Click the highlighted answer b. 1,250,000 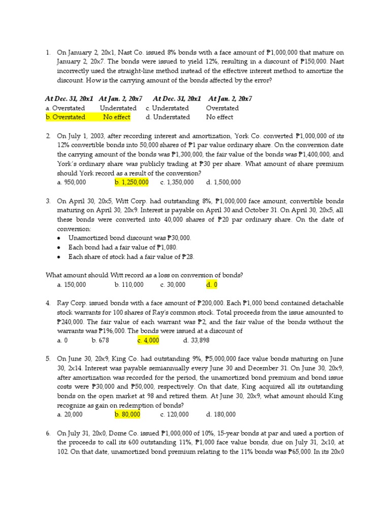pos(132,182)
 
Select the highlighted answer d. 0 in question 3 pos(212,285)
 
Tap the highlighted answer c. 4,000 pos(148,340)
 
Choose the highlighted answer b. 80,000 pos(127,414)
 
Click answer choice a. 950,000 pos(72,182)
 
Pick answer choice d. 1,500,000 pos(223,182)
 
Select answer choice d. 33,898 pos(197,340)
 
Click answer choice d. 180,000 pos(221,414)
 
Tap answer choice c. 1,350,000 pos(177,182)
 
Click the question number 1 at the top pos(48,52)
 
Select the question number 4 pos(48,303)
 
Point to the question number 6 pos(48,433)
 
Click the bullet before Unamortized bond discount pos(59,238)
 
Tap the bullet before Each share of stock pos(59,257)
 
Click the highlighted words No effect pos(116,117)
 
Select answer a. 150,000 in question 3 pos(72,285)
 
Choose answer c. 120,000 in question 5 pos(174,414)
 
